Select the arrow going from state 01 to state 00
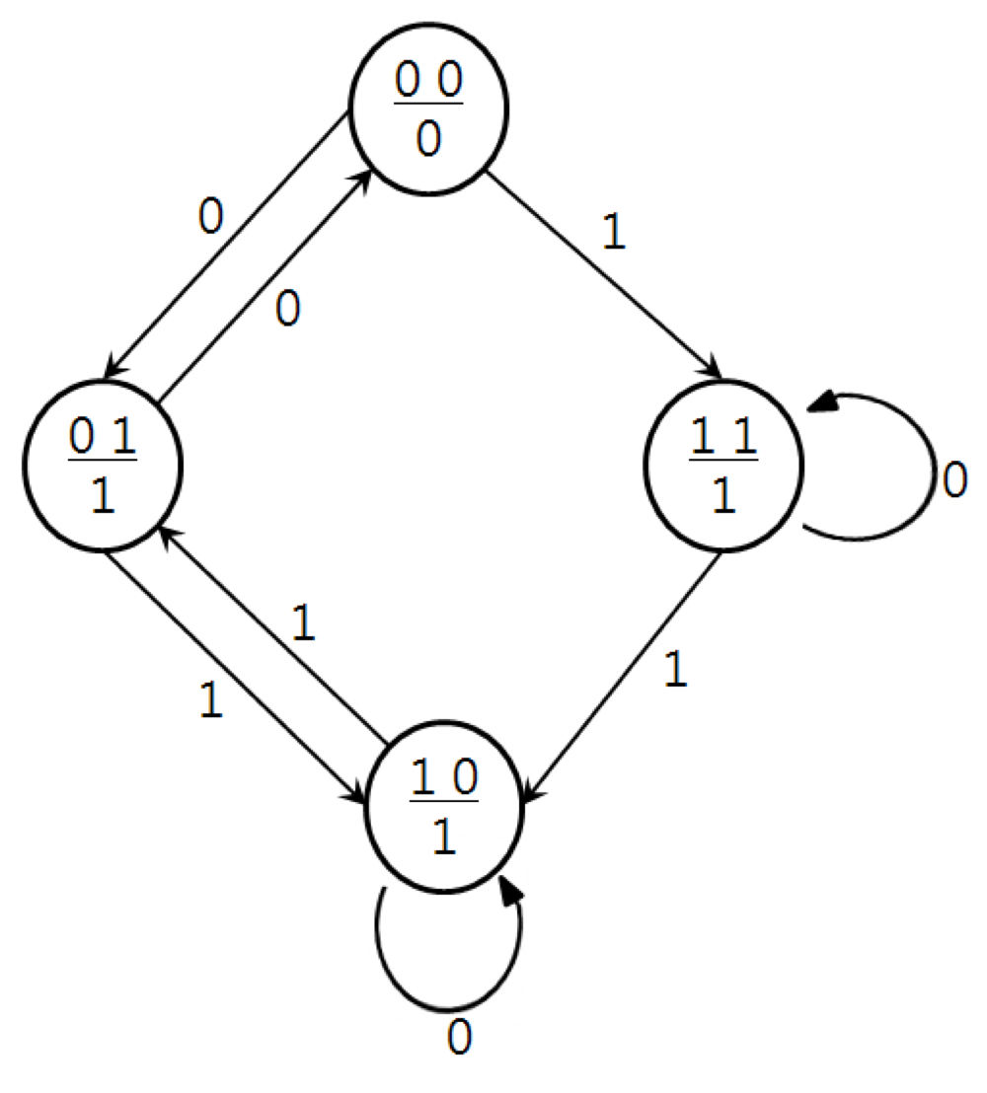click(x=266, y=286)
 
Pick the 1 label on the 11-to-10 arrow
click(x=674, y=671)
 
